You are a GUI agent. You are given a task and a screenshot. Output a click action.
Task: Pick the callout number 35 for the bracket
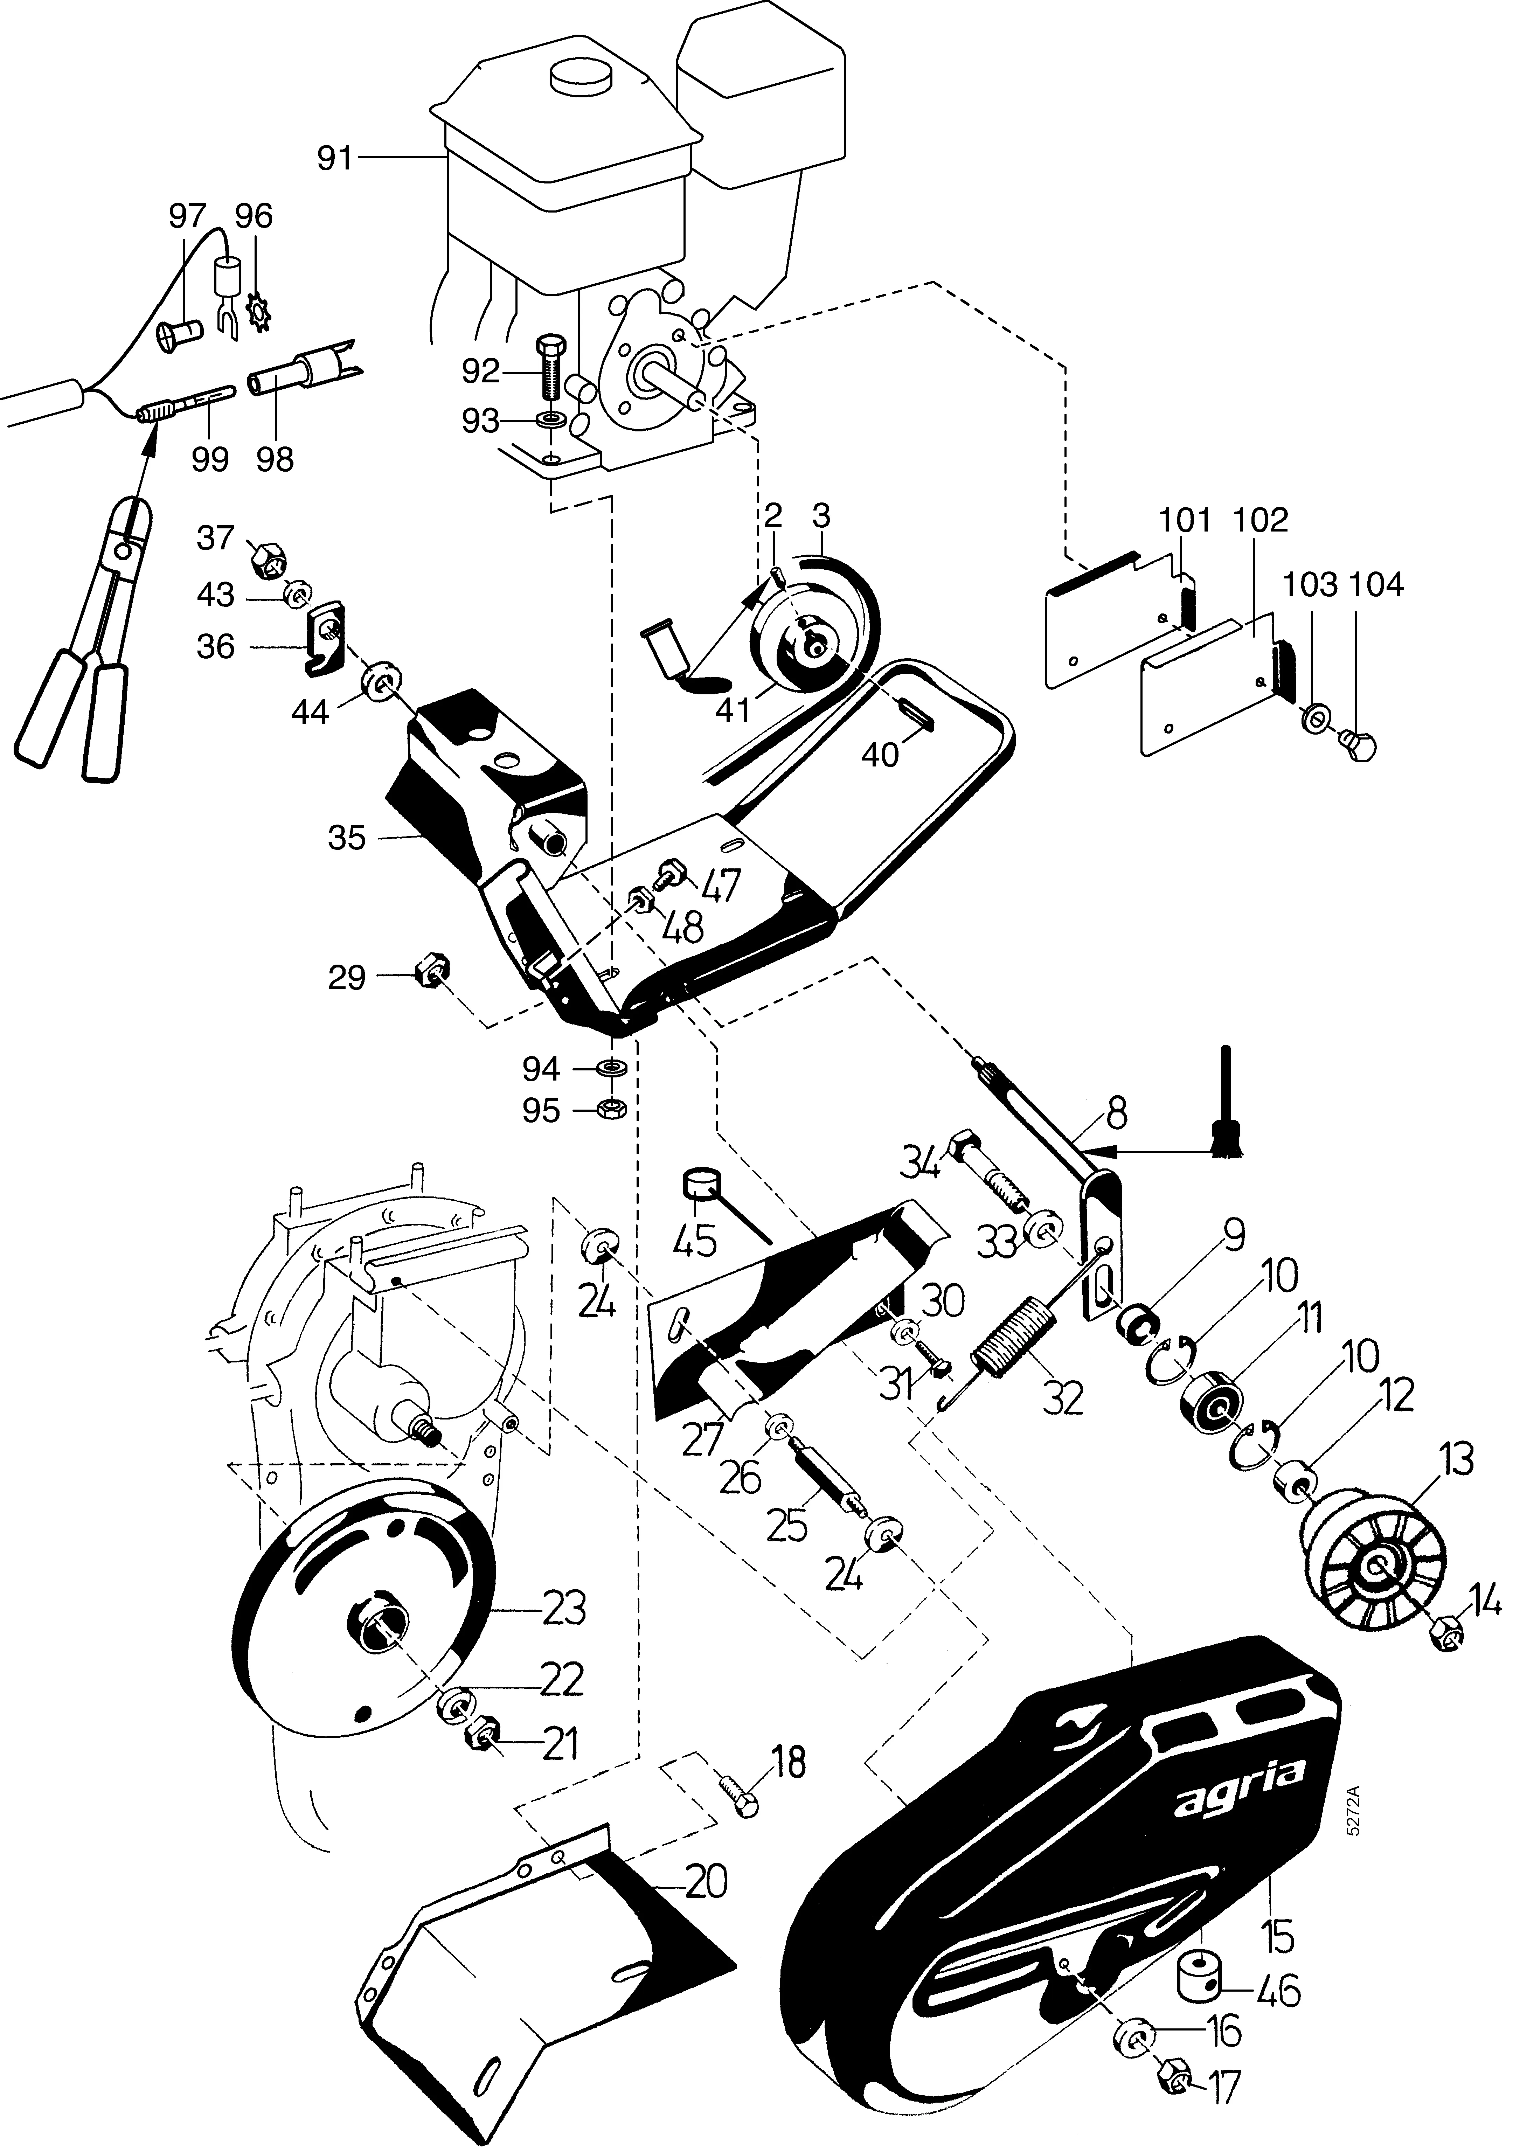[347, 838]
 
